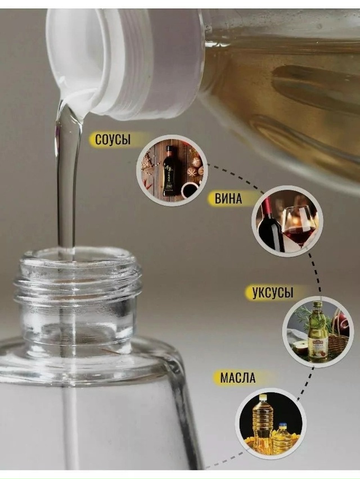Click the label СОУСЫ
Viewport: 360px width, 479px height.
click(x=112, y=139)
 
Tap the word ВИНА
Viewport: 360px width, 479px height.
click(x=228, y=198)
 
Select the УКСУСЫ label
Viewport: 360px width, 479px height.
click(x=273, y=292)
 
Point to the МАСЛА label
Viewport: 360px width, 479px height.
click(x=237, y=378)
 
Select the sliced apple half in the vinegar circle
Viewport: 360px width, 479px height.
click(x=298, y=347)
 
